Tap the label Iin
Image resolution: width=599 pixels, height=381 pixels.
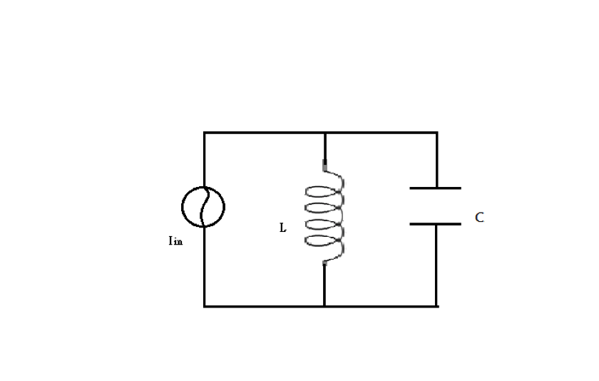pos(175,241)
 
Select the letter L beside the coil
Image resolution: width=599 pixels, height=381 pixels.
pos(283,229)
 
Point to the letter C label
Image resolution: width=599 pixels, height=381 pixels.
pos(479,218)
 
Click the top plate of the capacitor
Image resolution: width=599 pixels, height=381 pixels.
pos(436,188)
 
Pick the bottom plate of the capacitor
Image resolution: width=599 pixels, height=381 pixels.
pos(436,224)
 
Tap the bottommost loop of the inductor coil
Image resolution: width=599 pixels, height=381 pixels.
pos(325,240)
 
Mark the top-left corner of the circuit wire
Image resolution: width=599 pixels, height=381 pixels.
pos(205,133)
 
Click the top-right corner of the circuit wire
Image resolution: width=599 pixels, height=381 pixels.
pos(436,133)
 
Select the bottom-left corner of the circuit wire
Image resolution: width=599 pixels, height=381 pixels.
pos(205,306)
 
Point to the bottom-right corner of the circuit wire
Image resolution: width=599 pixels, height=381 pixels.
pos(436,306)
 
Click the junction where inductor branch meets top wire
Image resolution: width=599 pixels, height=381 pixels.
pos(324,133)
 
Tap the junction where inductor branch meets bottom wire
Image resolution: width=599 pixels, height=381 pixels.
pos(324,306)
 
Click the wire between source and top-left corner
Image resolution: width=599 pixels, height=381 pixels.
pos(205,161)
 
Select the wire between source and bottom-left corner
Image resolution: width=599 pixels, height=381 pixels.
pos(205,268)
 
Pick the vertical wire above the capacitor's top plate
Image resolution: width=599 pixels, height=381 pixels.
pos(436,161)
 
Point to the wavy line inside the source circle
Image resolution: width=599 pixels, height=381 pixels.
pos(203,207)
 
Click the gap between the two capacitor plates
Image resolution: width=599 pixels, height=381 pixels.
pos(436,206)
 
